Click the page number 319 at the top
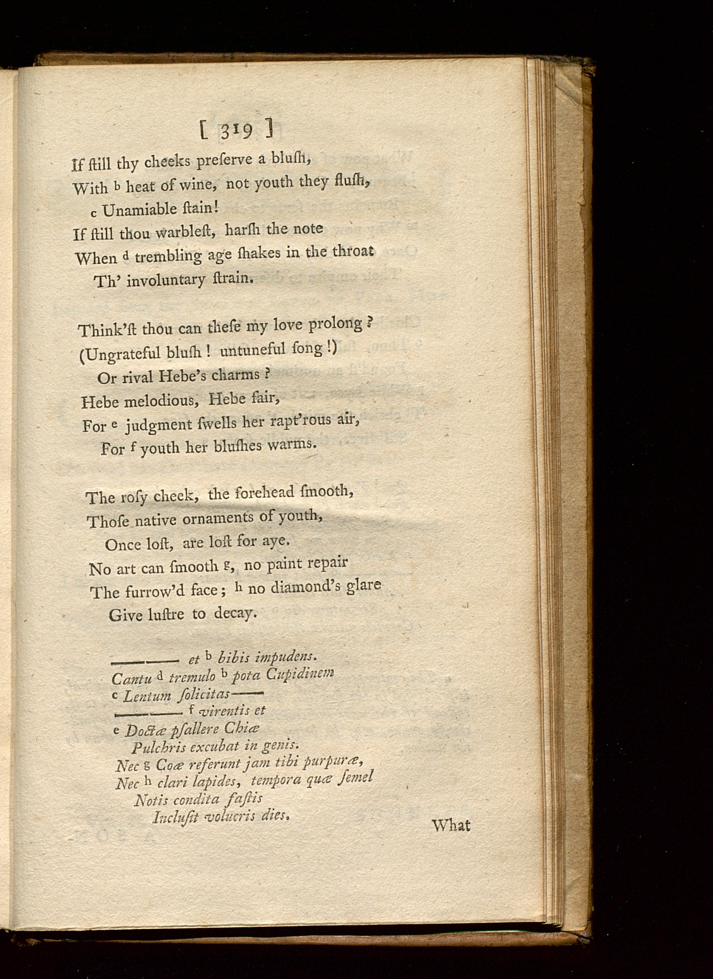(235, 131)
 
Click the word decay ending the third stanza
(235, 614)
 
